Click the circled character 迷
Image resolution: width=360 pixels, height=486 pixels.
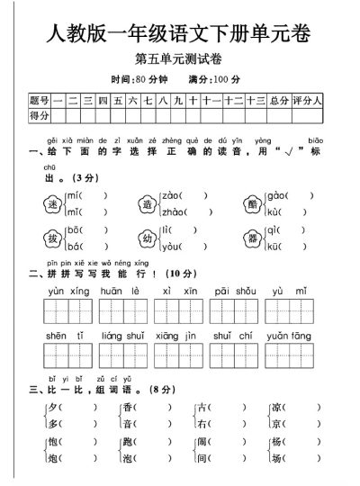coord(52,204)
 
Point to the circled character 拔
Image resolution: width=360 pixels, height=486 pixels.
coord(52,238)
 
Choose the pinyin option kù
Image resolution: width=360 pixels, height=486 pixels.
coord(276,212)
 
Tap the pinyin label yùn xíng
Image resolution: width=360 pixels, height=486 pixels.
coord(65,292)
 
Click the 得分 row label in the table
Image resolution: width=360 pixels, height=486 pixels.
coord(40,115)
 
